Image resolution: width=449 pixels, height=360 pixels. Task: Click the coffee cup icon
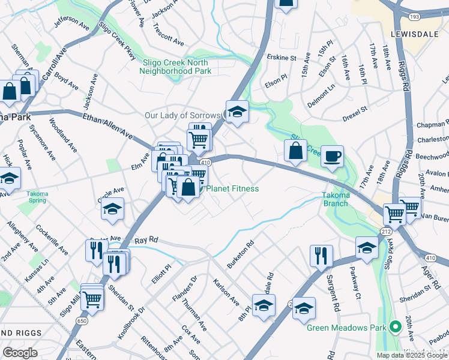(x=333, y=157)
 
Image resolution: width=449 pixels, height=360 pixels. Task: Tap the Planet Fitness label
(x=232, y=189)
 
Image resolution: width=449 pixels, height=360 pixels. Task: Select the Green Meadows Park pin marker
(x=395, y=327)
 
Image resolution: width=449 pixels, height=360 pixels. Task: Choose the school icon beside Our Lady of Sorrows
(x=237, y=112)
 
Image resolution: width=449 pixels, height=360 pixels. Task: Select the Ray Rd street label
(x=146, y=239)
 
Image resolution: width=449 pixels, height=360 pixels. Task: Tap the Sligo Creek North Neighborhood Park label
(x=175, y=67)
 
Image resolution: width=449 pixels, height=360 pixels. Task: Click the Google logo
(x=20, y=352)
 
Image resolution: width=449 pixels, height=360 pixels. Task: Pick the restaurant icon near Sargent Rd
(x=321, y=255)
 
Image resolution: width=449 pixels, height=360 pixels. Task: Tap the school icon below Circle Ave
(x=112, y=209)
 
